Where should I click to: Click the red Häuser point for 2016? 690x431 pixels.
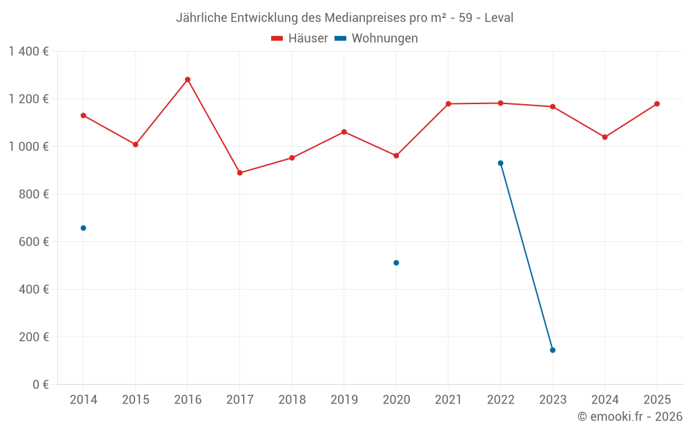pos(188,79)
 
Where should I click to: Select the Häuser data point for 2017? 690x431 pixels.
pos(239,172)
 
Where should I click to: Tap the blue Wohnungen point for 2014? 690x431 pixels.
pos(83,228)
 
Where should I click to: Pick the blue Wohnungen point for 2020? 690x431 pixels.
pos(396,263)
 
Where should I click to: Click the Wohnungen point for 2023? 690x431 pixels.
pos(553,350)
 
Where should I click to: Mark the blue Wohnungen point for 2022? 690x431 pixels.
pos(500,163)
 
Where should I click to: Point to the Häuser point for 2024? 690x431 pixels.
pos(604,137)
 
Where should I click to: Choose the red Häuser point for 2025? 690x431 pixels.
pos(657,103)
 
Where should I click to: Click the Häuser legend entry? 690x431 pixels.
pos(300,39)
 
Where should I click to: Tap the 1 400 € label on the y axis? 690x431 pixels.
pos(28,51)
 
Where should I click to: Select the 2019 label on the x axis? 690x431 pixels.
pos(344,399)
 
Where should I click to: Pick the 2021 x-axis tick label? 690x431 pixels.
pos(448,399)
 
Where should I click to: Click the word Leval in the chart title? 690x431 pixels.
pos(499,18)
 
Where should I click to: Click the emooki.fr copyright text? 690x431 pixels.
pos(630,417)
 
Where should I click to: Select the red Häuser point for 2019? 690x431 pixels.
pos(344,132)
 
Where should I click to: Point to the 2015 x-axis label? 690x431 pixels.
pos(135,399)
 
